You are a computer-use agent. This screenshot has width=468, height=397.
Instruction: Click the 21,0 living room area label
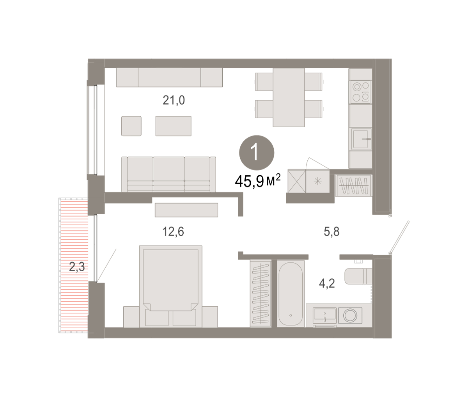point(174,100)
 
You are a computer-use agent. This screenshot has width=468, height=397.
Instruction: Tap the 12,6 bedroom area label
point(173,231)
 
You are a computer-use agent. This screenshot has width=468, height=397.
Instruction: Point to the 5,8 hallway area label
point(331,232)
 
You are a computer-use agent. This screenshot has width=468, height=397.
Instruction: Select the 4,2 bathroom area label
point(327,283)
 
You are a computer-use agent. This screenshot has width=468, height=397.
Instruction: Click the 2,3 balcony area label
point(77,267)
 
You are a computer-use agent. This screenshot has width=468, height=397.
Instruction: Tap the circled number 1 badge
point(257,153)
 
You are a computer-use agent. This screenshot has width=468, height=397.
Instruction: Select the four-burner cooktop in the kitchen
point(360,92)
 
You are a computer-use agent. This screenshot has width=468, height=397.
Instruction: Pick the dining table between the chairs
point(289,97)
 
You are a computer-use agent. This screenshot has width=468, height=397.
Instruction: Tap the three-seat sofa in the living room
point(168,174)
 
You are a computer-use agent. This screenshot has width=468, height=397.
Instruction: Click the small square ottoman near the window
point(131,126)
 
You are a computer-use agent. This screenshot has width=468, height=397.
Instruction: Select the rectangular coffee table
point(174,126)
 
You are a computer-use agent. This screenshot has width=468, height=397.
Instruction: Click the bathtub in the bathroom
point(291,294)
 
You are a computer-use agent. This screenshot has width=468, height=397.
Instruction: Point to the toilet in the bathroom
point(358,276)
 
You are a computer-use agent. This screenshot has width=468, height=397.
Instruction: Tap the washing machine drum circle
point(350,315)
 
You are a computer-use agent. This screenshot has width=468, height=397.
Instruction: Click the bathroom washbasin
point(324,315)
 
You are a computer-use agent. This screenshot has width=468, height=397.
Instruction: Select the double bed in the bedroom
point(171,287)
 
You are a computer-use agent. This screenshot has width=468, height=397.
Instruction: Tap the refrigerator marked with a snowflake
point(318,181)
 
